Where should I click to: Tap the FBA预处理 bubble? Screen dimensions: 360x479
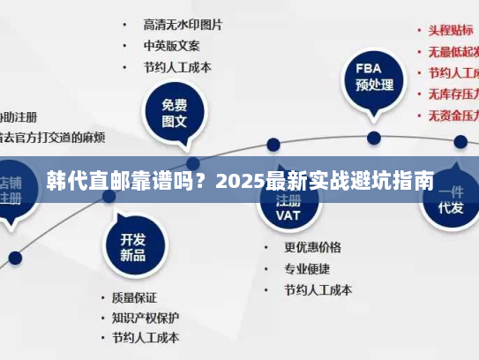click(374, 77)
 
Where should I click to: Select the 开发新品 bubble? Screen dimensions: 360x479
click(132, 246)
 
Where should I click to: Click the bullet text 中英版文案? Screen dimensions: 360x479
click(171, 44)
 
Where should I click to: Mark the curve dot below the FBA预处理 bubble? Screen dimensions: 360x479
click(374, 138)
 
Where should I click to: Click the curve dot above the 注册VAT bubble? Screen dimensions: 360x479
click(273, 144)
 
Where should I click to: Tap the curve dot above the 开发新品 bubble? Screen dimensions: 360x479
click(108, 196)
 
